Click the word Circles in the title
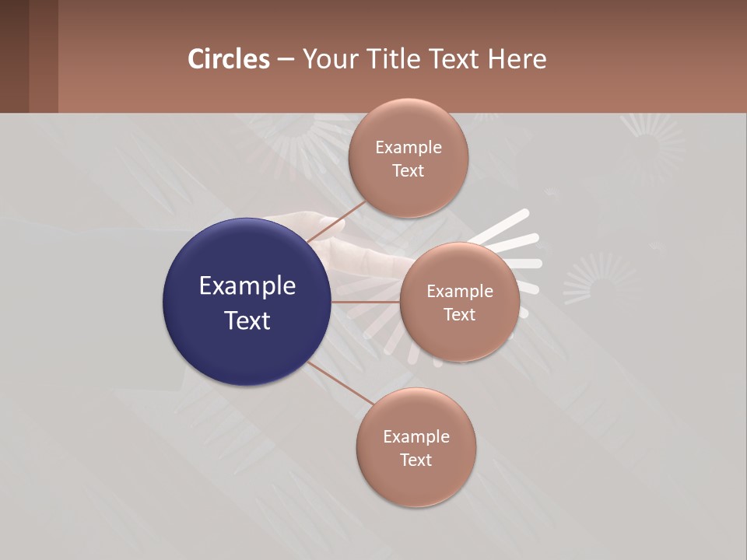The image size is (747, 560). coord(229,59)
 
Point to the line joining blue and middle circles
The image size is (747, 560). coord(366,302)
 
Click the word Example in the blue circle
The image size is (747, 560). coord(247,286)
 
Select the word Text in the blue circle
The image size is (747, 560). coord(247,320)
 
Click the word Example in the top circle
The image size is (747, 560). coord(409,147)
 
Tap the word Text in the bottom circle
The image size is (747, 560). coord(416,460)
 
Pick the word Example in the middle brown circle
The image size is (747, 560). coord(460,291)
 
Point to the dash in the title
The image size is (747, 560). coord(286,59)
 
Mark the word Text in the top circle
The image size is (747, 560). coord(408,170)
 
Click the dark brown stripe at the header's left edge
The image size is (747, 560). coord(14,56)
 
